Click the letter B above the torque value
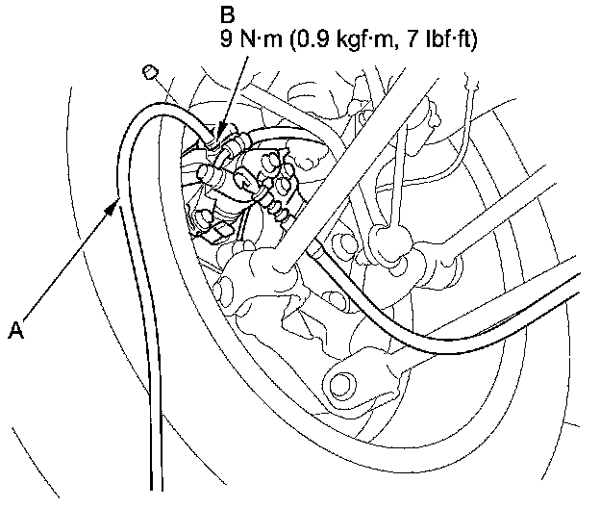[x=228, y=16]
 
